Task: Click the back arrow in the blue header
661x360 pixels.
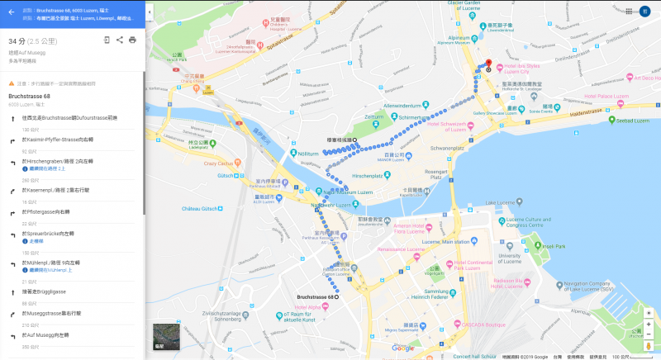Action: [11, 12]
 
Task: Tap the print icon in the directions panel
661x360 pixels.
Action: [132, 40]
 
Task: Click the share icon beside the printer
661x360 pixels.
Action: [120, 40]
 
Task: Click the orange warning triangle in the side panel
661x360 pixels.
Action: [12, 83]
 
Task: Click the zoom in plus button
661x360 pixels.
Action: [648, 314]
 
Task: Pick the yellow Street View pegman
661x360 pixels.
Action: [648, 345]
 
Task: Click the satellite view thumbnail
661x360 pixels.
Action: [166, 336]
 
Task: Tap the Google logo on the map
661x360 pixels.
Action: [402, 348]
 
